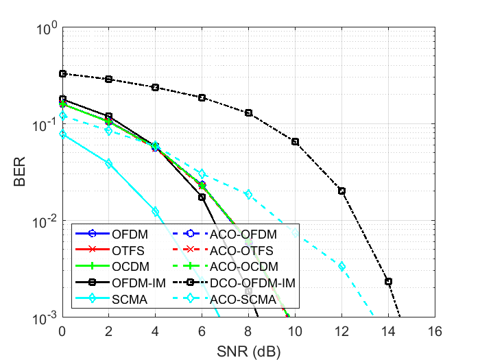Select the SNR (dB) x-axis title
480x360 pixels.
coord(248,350)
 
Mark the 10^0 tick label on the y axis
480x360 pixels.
coord(45,29)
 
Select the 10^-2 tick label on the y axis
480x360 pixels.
coord(45,222)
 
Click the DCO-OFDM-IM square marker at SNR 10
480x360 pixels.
coord(295,142)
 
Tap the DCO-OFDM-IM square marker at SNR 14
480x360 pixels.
coord(388,281)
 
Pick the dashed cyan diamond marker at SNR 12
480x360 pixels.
coord(341,266)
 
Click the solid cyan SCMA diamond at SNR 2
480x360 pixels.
coord(108,164)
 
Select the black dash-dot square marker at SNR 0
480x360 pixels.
coord(62,73)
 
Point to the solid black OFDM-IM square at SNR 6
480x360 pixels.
coord(202,197)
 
